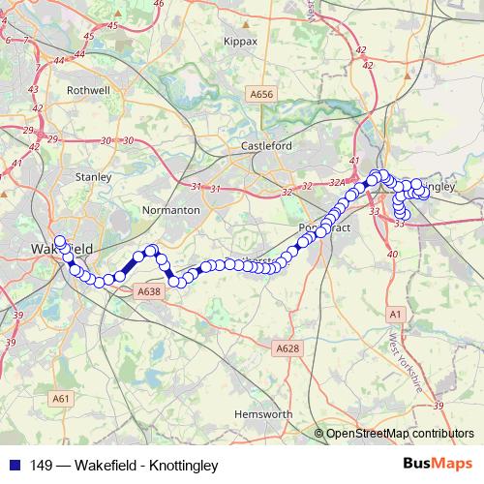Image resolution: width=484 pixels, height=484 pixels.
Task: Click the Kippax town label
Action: pos(240,43)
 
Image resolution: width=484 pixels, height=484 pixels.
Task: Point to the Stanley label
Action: pos(94,178)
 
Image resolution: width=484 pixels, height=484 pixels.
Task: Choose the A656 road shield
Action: pos(261,94)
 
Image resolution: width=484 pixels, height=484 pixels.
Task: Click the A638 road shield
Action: pos(148,291)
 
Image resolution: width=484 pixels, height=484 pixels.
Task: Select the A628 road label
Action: pos(287,348)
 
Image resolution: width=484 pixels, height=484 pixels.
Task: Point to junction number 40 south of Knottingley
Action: pos(392,255)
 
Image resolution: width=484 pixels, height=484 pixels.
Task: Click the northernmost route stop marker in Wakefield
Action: pos(60,240)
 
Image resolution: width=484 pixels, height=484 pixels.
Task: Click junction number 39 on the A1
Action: pos(438,406)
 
